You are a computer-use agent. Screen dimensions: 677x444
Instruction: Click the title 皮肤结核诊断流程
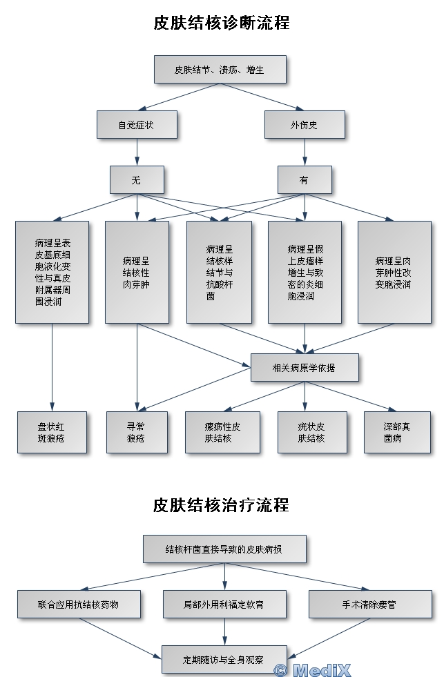(221, 23)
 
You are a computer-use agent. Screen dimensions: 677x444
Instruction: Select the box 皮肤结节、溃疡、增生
(219, 70)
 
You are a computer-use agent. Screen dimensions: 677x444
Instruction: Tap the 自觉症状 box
(137, 125)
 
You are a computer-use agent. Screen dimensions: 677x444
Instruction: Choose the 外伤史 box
(304, 125)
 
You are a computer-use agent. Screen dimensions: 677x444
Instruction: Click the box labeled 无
(137, 180)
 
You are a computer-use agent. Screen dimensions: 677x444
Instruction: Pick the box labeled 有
(304, 180)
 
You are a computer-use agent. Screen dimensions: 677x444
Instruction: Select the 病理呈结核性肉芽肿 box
(137, 272)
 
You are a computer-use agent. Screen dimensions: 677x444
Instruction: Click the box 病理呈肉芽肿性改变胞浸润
(394, 272)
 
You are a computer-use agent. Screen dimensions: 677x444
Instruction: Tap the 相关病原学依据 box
(304, 368)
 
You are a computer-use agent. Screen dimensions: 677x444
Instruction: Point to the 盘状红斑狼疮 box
(52, 432)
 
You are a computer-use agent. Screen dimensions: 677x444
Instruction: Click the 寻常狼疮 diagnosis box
(137, 432)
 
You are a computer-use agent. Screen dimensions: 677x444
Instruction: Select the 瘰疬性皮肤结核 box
(222, 432)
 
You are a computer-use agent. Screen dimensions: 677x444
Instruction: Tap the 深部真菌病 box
(392, 432)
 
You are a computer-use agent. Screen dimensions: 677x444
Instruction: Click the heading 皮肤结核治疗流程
(221, 505)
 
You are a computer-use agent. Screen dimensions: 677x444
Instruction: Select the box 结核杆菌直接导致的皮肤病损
(224, 549)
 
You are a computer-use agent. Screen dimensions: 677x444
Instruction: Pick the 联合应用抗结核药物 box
(79, 604)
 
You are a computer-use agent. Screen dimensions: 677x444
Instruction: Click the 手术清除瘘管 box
(369, 604)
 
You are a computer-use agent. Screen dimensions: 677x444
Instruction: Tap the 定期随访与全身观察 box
(224, 659)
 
